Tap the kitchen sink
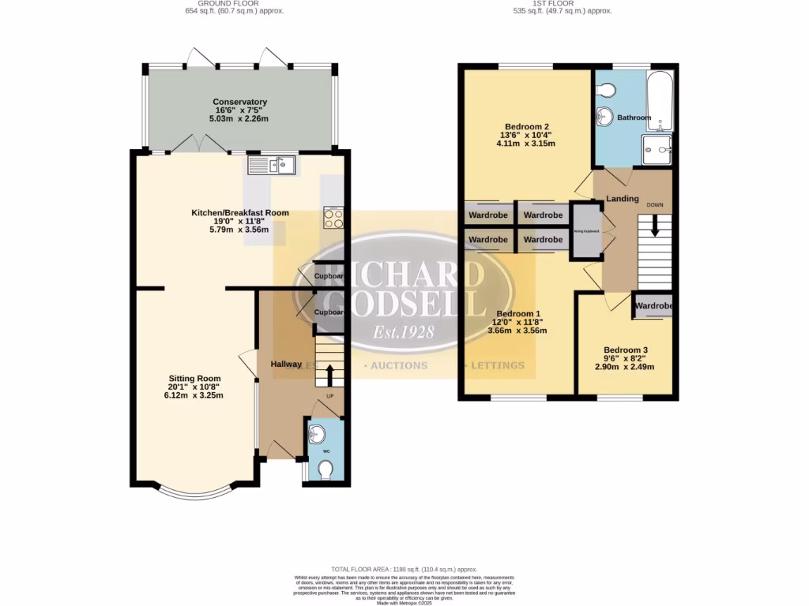tap(271, 165)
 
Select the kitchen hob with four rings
tap(333, 217)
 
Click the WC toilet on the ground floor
tap(325, 470)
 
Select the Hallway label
tap(286, 364)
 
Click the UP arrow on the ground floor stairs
tap(330, 376)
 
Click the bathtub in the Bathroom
tap(659, 101)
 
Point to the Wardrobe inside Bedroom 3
tap(653, 306)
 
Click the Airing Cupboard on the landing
tap(586, 231)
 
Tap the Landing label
tap(622, 199)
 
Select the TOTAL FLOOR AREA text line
tap(404, 569)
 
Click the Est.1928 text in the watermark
tap(393, 331)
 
